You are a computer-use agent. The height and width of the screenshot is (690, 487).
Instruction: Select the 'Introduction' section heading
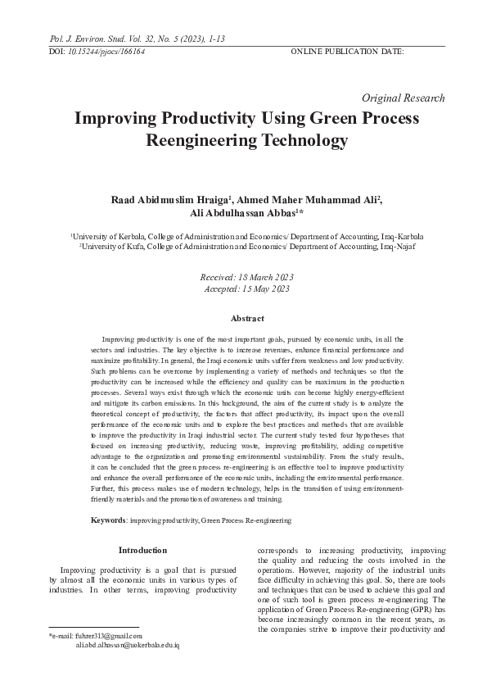pos(142,550)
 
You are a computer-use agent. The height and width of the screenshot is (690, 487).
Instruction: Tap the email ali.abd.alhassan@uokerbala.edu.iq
pos(127,646)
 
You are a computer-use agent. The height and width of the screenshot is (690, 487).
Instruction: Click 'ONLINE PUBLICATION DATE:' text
pos(347,51)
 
